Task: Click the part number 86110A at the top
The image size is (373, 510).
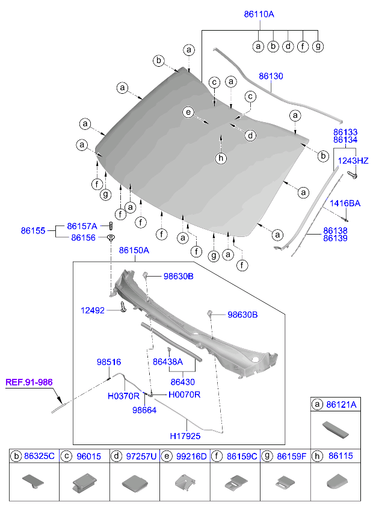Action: coord(260,14)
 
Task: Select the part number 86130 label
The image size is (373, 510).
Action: coord(271,76)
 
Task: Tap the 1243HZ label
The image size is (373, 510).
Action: coord(353,161)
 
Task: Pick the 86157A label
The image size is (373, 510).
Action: coord(82,226)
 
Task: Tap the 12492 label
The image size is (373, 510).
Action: coord(93,310)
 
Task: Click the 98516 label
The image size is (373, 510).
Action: coord(109,362)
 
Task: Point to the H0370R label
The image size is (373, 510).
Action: coord(123,396)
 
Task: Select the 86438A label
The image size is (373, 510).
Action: coord(168,362)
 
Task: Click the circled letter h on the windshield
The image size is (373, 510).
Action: coord(221,158)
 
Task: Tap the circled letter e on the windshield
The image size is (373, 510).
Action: coord(188,112)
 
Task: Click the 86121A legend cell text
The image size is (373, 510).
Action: coord(341,406)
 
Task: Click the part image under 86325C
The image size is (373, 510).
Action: coord(34,481)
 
